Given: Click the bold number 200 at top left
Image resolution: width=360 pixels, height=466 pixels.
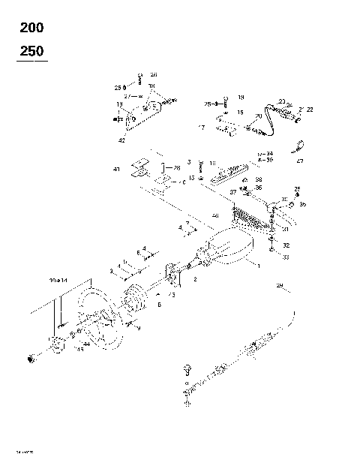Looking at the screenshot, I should (x=31, y=29).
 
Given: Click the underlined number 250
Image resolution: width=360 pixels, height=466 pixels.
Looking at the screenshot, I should (x=31, y=51).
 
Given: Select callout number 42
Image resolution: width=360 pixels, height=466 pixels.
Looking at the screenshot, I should (x=122, y=140).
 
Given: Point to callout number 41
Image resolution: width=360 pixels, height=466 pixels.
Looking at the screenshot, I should (x=116, y=170).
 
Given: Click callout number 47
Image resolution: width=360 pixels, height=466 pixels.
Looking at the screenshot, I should (x=299, y=161).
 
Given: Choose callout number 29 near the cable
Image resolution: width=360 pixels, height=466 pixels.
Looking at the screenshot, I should (x=279, y=286).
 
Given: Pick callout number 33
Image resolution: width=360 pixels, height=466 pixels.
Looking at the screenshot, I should (x=286, y=257).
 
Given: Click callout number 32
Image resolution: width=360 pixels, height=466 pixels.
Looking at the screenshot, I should (x=286, y=245).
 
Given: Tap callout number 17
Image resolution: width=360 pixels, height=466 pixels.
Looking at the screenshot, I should (x=202, y=128).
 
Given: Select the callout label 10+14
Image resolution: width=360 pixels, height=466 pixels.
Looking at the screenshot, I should (x=58, y=279).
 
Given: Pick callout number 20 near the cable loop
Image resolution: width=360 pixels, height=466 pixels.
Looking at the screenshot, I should (x=258, y=116).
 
